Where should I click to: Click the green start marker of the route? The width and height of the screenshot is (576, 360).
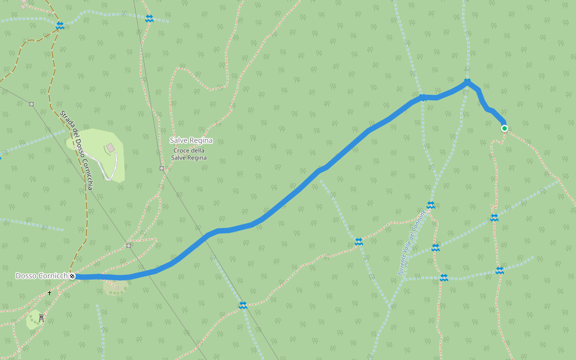tap(505, 128)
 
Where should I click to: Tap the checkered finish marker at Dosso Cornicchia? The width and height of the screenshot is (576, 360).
tap(72, 276)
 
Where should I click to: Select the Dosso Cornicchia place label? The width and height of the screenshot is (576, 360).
tap(41, 276)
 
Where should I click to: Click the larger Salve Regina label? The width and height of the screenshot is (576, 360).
tap(191, 140)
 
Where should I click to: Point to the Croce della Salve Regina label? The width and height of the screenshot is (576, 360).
tap(190, 154)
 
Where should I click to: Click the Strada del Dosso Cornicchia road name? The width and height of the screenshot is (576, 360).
tap(76, 150)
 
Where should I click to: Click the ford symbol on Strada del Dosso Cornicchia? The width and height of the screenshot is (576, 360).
tap(59, 26)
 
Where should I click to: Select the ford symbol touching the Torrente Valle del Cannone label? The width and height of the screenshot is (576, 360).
tap(430, 205)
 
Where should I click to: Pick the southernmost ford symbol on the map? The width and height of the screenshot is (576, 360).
tap(242, 305)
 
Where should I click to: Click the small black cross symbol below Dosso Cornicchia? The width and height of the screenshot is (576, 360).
tap(49, 293)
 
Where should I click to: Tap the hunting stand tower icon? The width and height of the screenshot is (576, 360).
tap(41, 317)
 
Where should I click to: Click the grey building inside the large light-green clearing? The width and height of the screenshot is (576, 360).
tap(110, 147)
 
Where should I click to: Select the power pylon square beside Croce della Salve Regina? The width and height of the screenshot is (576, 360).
tap(161, 168)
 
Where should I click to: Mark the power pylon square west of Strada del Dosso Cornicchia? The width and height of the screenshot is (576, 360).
tap(31, 104)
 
